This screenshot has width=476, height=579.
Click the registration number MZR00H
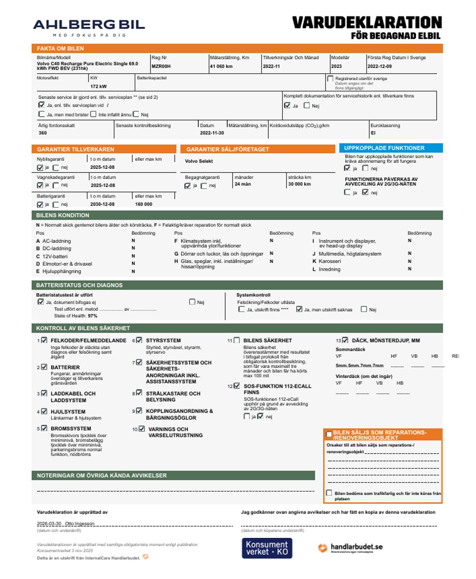pyautogui.click(x=161, y=66)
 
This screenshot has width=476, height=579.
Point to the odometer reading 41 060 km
pyautogui.click(x=221, y=66)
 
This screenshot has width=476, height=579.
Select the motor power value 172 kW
pyautogui.click(x=98, y=86)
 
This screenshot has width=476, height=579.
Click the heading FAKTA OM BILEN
pyautogui.click(x=60, y=48)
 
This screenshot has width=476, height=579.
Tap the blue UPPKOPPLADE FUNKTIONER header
pyautogui.click(x=384, y=148)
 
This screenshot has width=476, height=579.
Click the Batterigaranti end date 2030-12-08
pyautogui.click(x=102, y=204)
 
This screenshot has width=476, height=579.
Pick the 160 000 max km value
pyautogui.click(x=143, y=204)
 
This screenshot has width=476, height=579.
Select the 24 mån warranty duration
pyautogui.click(x=242, y=184)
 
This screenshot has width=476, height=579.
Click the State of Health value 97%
pyautogui.click(x=92, y=316)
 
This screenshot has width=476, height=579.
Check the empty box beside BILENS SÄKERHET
pyautogui.click(x=236, y=340)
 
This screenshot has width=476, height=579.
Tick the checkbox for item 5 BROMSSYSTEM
pyautogui.click(x=44, y=428)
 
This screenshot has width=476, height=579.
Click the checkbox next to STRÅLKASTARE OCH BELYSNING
pyautogui.click(x=139, y=393)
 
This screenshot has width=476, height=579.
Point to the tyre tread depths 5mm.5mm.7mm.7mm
pyautogui.click(x=359, y=366)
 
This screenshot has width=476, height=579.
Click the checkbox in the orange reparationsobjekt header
pyautogui.click(x=329, y=434)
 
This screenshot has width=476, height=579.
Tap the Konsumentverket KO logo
pyautogui.click(x=266, y=548)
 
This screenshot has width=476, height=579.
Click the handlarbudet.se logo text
pyautogui.click(x=356, y=547)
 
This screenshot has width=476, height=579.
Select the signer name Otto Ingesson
pyautogui.click(x=80, y=524)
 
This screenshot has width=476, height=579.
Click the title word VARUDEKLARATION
pyautogui.click(x=367, y=22)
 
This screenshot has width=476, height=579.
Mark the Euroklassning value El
pyautogui.click(x=373, y=133)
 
